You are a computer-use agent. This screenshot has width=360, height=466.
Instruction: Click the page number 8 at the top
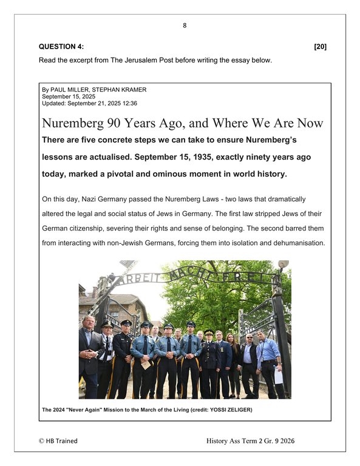pos(184,26)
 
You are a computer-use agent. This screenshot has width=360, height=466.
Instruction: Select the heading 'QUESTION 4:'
pos(62,47)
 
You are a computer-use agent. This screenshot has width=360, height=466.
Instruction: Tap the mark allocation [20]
pos(320,47)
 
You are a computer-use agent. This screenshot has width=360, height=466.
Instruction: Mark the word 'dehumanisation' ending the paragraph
pos(299,242)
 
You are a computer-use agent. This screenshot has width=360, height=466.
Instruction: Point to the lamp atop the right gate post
pos(284,265)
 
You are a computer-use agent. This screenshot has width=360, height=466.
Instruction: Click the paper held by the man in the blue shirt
pos(279,375)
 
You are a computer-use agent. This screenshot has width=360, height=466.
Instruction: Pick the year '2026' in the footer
pos(316,441)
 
